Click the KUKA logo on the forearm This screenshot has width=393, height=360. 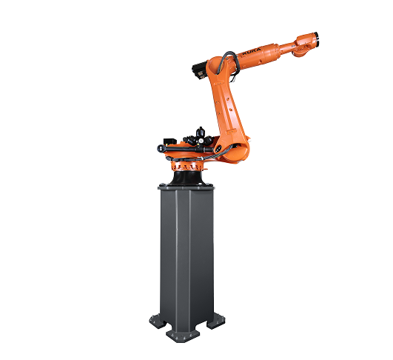click(x=252, y=53)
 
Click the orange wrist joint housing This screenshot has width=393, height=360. click(x=305, y=43)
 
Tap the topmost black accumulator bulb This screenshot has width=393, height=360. click(x=200, y=131)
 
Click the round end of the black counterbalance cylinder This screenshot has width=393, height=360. click(x=160, y=148)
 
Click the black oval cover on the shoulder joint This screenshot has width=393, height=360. click(x=218, y=150)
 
